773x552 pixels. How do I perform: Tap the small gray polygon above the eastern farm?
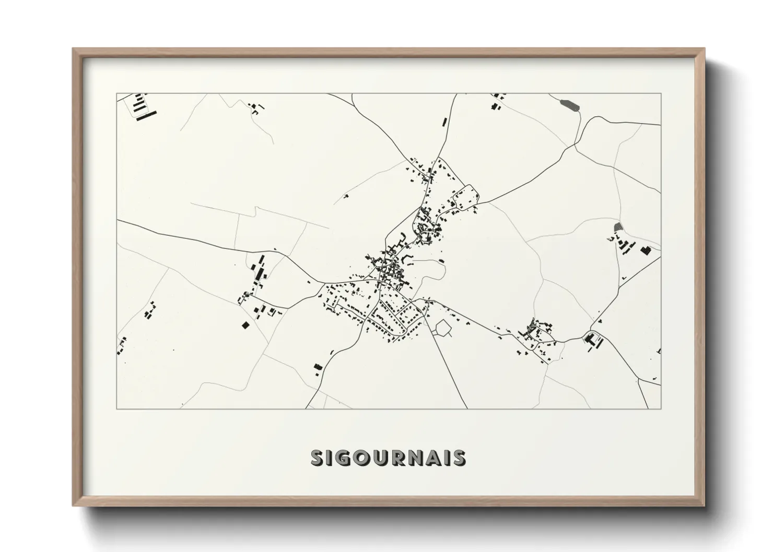point(618,227)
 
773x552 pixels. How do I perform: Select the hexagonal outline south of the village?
point(442,328)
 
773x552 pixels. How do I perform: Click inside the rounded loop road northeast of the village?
point(466,196)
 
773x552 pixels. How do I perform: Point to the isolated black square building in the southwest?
point(245,325)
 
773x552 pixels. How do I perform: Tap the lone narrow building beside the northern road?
point(445,122)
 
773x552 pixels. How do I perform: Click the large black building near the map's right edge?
point(646,250)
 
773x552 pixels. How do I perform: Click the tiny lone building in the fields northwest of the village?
point(345,197)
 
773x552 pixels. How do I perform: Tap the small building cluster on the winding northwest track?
point(255,108)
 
